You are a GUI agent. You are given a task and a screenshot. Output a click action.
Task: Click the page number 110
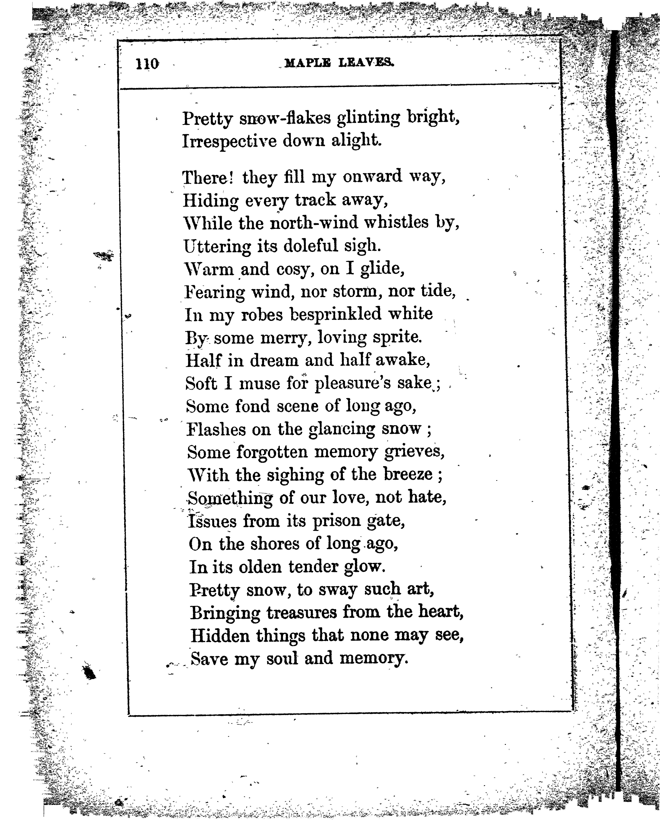click(148, 64)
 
